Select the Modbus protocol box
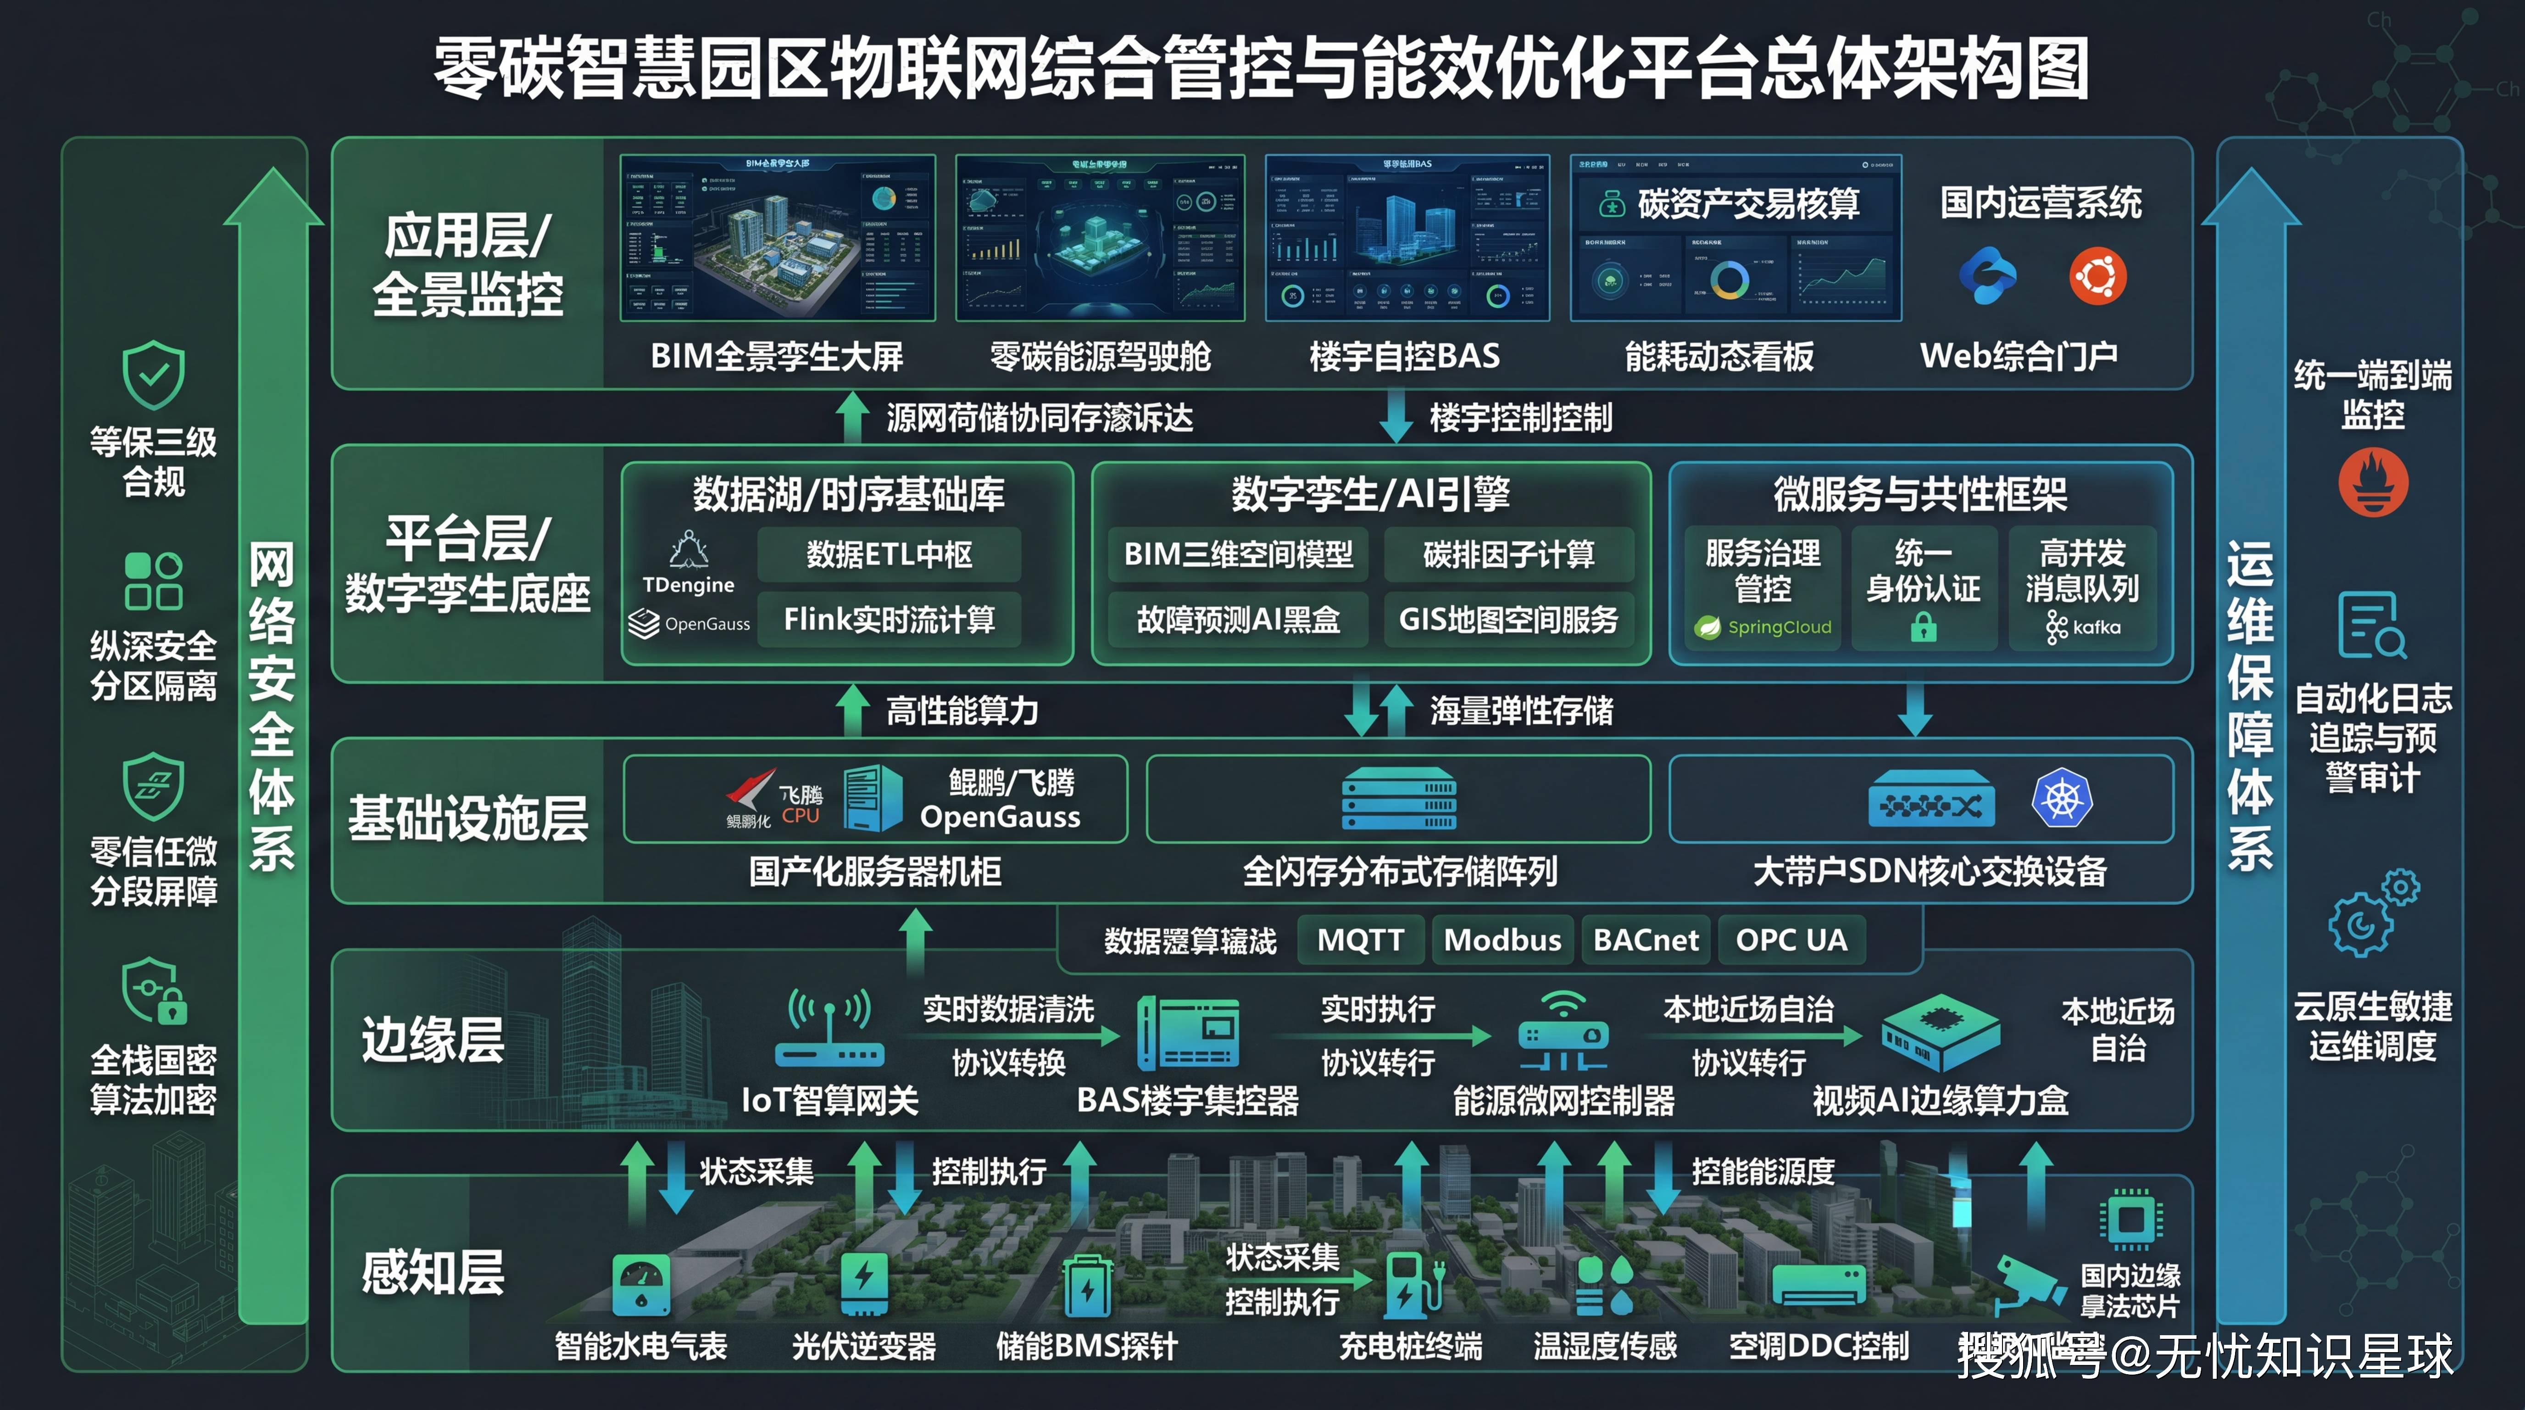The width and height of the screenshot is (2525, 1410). [1502, 940]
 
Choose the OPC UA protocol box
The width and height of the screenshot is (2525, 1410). [1791, 940]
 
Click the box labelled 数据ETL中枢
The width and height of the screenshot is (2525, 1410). [889, 555]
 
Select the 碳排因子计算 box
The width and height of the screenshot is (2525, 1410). [1508, 555]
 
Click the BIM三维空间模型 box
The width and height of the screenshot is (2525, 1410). [1238, 555]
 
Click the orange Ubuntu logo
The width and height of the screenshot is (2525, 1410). [2097, 276]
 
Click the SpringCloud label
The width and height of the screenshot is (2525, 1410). [1778, 627]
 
